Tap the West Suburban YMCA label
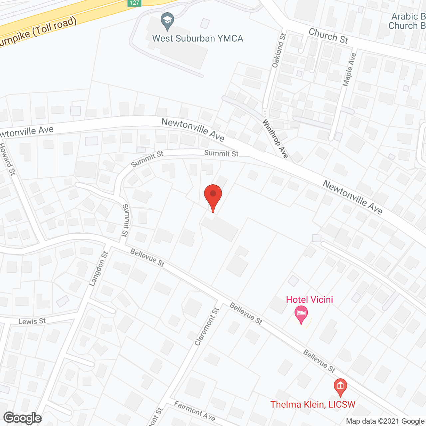[x=198, y=39]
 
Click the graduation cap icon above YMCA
[x=167, y=21]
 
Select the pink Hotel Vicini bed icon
[x=301, y=314]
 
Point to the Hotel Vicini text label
[x=310, y=300]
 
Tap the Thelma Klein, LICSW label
[x=313, y=404]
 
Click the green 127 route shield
[x=134, y=3]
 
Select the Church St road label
[x=328, y=36]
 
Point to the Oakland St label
[x=279, y=50]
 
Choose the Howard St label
[x=7, y=159]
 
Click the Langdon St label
[x=99, y=269]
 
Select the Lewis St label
[x=32, y=321]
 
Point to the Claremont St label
[x=207, y=326]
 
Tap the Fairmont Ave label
[x=195, y=411]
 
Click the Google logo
[x=23, y=418]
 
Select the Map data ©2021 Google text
[x=385, y=421]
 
